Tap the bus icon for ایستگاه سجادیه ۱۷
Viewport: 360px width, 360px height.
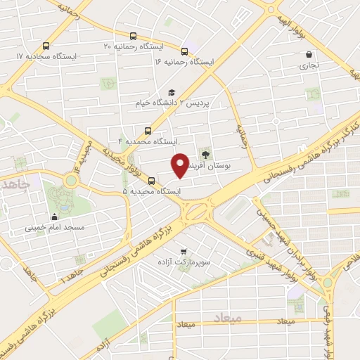46,44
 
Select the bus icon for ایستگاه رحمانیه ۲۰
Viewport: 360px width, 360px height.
133,35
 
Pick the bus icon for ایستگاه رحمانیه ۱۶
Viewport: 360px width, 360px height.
184,51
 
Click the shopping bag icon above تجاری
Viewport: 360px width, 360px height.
309,54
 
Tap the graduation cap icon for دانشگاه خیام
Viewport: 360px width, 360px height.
172,92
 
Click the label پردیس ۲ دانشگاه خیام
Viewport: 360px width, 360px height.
172,104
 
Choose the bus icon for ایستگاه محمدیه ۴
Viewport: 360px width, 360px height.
148,131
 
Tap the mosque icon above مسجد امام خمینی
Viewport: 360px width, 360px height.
55,217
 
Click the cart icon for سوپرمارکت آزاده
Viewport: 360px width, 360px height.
184,251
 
